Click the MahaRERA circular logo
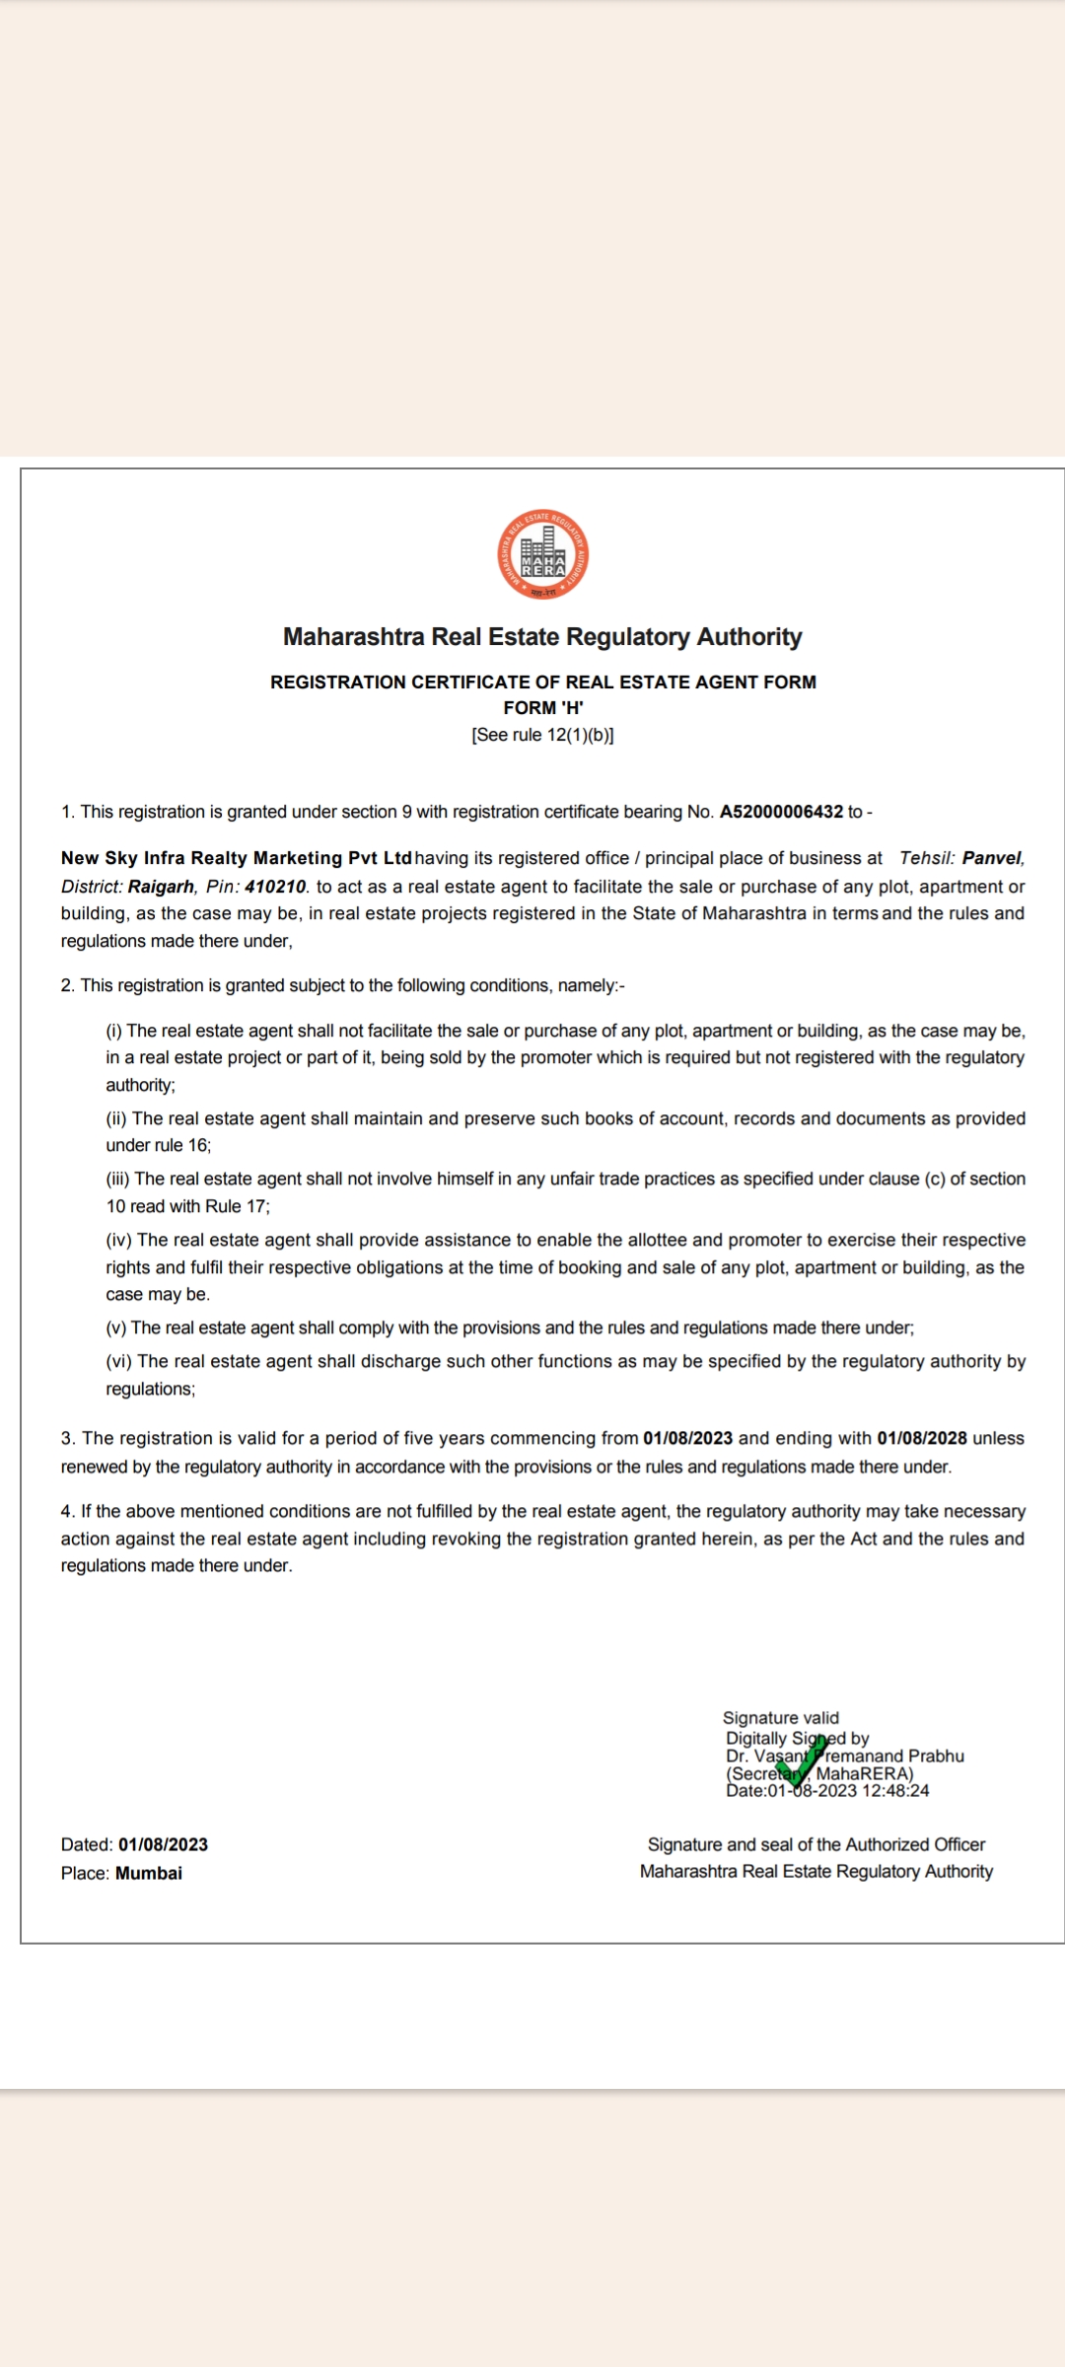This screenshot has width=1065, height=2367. point(542,555)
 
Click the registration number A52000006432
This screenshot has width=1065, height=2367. point(781,812)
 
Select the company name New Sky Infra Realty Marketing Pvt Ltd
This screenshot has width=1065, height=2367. point(237,858)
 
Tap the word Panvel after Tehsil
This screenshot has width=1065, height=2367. point(992,858)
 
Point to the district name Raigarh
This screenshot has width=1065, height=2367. point(161,887)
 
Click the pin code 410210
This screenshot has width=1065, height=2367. point(275,887)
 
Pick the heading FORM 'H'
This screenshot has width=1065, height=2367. point(542,707)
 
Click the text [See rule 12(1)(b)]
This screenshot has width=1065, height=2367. point(542,735)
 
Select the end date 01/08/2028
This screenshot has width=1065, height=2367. point(922,1438)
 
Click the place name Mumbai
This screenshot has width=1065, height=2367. point(149,1873)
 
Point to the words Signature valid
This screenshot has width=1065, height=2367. point(781,1718)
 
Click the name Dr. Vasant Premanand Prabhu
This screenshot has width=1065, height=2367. point(845,1756)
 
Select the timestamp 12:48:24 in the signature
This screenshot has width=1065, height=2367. point(895,1790)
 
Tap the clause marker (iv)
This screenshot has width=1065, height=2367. point(119,1240)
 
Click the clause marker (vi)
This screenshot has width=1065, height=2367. point(119,1361)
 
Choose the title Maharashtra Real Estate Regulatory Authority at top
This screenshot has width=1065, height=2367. point(542,637)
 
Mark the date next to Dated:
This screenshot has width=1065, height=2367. point(163,1844)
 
